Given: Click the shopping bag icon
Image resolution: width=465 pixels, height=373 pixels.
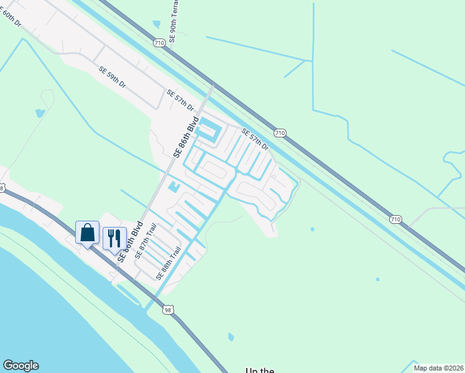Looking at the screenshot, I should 88,233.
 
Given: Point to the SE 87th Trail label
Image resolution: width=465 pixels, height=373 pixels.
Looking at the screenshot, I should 146,242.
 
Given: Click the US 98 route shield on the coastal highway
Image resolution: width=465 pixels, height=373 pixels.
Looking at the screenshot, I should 168,310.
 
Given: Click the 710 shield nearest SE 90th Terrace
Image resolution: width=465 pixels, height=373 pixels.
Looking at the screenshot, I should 159,42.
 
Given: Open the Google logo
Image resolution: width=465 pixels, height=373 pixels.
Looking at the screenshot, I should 21,366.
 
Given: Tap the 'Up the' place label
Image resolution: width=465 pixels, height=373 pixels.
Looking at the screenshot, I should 260,371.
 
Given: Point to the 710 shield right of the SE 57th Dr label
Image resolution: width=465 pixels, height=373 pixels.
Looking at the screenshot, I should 280,133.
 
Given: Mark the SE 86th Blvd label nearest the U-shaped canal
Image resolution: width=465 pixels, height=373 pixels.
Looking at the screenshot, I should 188,137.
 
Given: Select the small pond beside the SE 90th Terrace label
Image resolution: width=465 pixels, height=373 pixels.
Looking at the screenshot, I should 156,24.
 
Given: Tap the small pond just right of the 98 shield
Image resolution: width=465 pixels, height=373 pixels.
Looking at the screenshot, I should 231,337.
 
